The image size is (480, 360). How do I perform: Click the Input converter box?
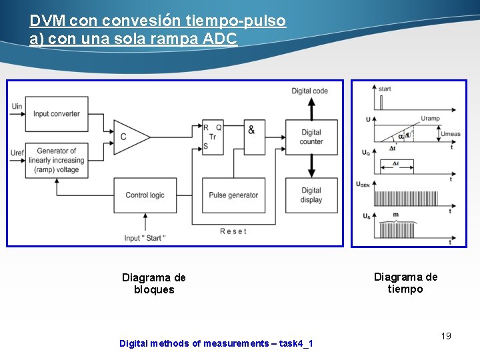tap(56, 114)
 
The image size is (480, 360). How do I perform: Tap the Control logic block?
tap(144, 195)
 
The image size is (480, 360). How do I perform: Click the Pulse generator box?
tap(233, 195)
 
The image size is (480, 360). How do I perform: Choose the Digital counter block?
tap(311, 137)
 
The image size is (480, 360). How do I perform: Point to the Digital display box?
tap(311, 195)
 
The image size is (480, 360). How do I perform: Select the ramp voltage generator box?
tap(57, 161)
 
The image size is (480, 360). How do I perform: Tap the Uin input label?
tap(17, 106)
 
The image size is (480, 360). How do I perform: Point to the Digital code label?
tap(309, 91)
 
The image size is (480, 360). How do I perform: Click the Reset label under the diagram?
tap(233, 231)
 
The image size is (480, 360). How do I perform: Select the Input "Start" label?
tap(145, 239)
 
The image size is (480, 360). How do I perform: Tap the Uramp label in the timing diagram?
tap(430, 118)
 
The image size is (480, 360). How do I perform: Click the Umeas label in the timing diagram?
tap(450, 134)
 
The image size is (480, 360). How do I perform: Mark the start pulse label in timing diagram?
tap(385, 89)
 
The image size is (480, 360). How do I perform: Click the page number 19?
tap(446, 336)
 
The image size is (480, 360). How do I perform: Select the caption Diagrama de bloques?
tap(154, 283)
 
